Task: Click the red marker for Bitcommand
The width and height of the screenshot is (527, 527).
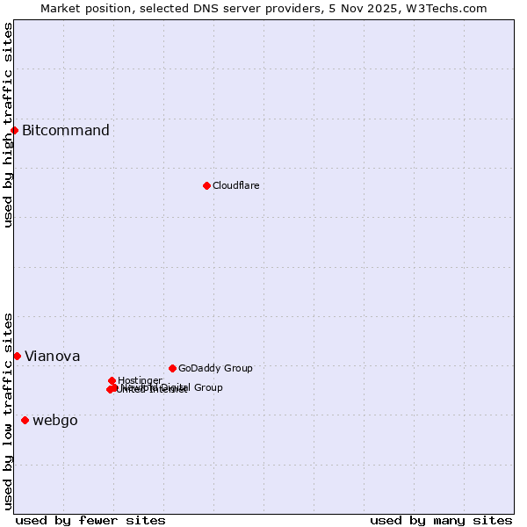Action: click(x=14, y=131)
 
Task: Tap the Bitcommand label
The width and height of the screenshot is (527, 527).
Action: click(x=66, y=131)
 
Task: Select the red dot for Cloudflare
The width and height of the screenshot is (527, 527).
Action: click(x=206, y=185)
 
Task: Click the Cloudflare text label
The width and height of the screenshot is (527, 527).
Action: click(x=235, y=185)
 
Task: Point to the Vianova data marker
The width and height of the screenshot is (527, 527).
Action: click(x=17, y=356)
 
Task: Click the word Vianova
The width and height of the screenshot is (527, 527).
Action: click(x=52, y=356)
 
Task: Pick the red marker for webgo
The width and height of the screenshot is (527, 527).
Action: click(x=25, y=420)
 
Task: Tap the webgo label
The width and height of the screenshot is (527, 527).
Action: click(x=54, y=420)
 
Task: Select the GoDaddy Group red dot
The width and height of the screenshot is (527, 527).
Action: click(x=172, y=368)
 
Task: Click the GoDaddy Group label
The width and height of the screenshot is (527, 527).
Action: click(x=215, y=368)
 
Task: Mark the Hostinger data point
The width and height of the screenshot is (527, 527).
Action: click(x=112, y=380)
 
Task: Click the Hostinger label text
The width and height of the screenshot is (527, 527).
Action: click(x=140, y=380)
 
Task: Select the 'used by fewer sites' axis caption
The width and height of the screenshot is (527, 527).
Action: click(x=90, y=520)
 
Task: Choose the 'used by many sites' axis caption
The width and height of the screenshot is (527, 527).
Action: click(x=441, y=520)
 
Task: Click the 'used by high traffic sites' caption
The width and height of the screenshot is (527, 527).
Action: click(x=8, y=125)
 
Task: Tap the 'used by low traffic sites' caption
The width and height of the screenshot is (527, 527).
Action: click(x=8, y=411)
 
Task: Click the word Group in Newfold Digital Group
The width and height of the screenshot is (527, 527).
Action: click(x=207, y=387)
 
